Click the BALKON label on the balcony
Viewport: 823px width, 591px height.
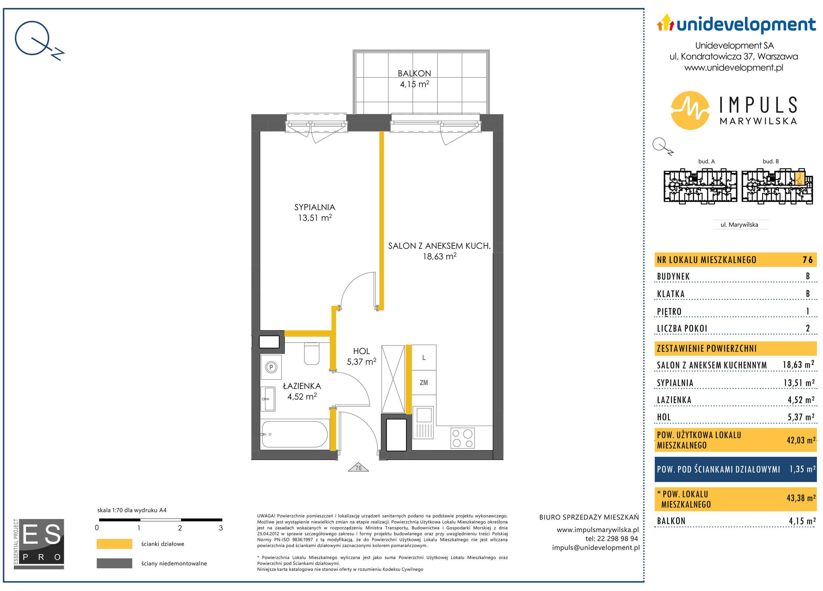414,73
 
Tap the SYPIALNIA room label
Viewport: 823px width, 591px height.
315,208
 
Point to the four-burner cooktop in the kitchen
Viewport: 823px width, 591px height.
462,438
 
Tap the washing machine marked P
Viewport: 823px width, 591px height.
271,368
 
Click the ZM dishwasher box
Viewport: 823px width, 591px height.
423,383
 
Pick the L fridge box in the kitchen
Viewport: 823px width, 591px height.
423,358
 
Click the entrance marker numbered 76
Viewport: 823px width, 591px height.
358,468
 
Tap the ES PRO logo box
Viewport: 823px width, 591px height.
39,544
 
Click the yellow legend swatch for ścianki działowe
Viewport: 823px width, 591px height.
114,544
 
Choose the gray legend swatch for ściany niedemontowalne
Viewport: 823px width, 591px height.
114,563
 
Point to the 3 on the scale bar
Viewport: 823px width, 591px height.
221,528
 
